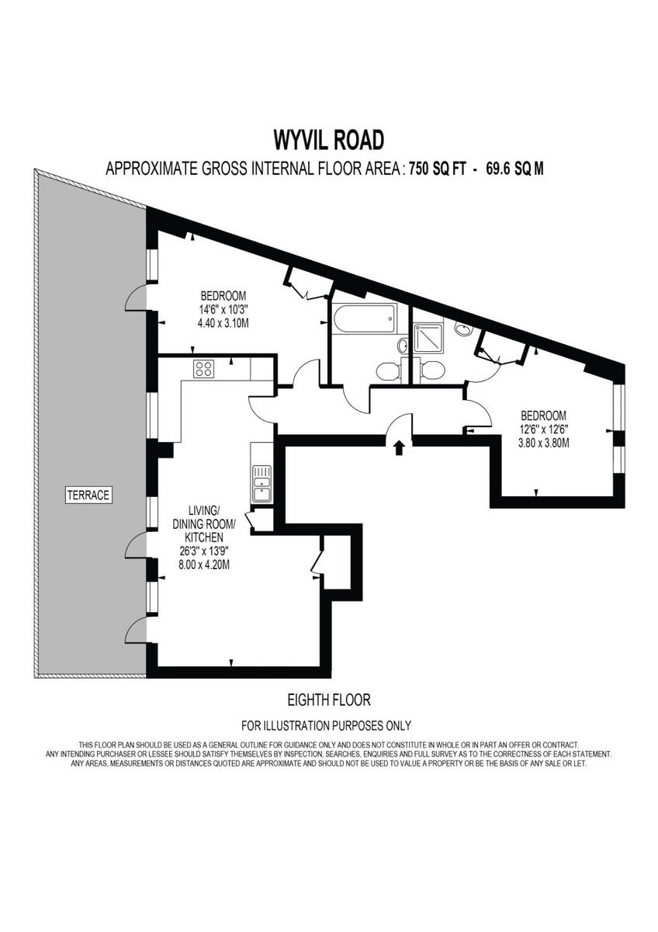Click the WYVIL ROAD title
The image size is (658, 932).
pyautogui.click(x=328, y=140)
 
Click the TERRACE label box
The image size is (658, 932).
pyautogui.click(x=88, y=494)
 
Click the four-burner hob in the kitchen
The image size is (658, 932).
pyautogui.click(x=204, y=369)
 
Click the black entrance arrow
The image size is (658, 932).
pyautogui.click(x=399, y=447)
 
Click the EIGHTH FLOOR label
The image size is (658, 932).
pyautogui.click(x=328, y=700)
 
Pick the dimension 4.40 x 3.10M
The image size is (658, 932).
pyautogui.click(x=223, y=322)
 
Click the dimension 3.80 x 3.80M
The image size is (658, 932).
pyautogui.click(x=543, y=443)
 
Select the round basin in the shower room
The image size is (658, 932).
pyautogui.click(x=463, y=329)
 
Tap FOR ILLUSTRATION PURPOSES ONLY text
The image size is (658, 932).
pyautogui.click(x=326, y=726)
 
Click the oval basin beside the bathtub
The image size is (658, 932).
pyautogui.click(x=402, y=346)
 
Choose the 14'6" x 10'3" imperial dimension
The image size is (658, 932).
pyautogui.click(x=223, y=309)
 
